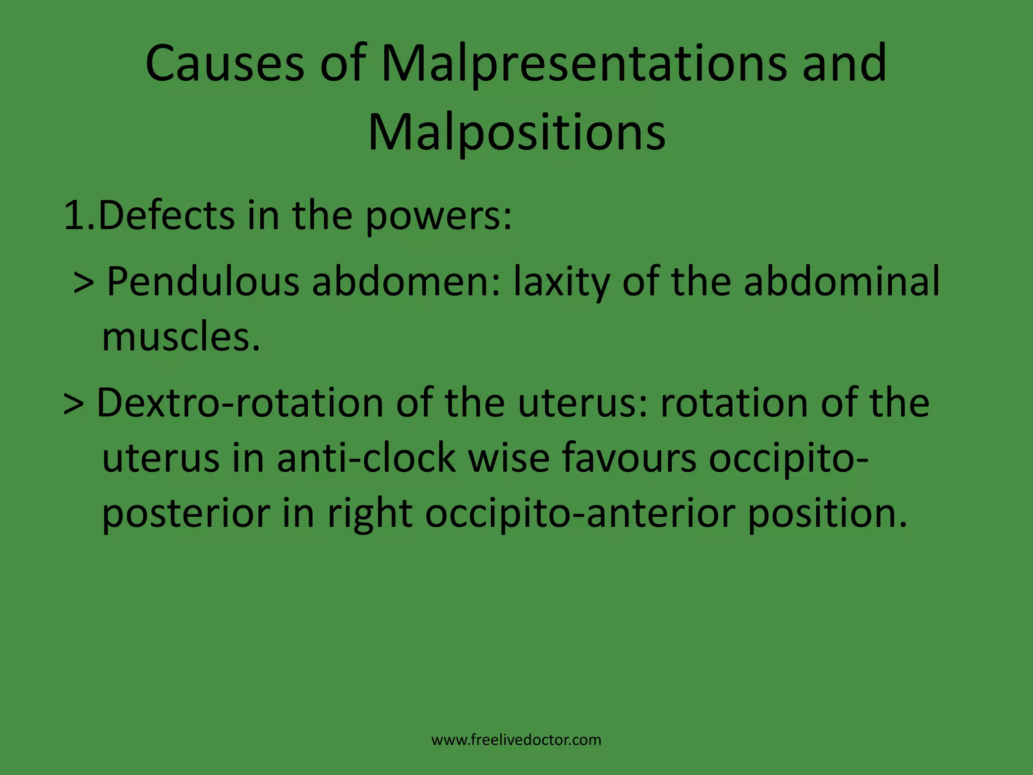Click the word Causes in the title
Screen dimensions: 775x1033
coord(225,64)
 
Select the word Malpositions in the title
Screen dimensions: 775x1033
coord(516,133)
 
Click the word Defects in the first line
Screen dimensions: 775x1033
coord(166,216)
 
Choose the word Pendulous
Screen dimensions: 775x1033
coord(203,281)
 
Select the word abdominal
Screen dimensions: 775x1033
coord(842,281)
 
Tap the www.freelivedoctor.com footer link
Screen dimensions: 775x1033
coord(516,740)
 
